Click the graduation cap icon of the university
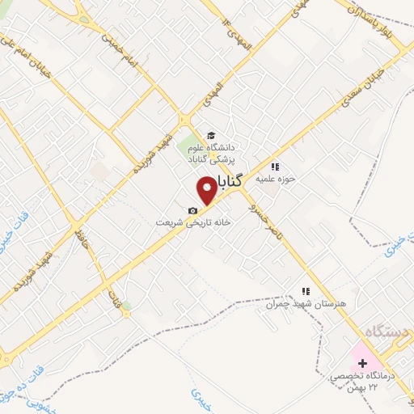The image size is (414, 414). (211, 135)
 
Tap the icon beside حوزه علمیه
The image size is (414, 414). (274, 167)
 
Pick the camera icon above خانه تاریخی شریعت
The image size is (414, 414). (192, 211)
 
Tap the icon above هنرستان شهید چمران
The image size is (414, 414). (305, 291)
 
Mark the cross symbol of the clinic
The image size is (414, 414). (362, 364)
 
